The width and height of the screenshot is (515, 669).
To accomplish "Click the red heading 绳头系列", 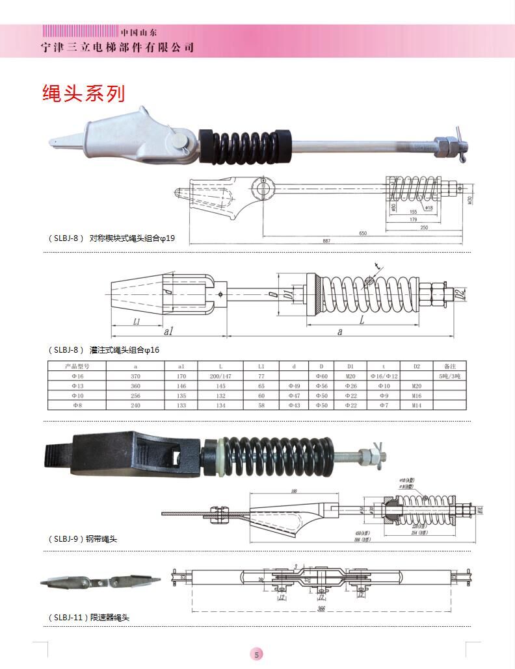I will (83, 94).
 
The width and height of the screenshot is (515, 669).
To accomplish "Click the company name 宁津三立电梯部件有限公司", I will (117, 47).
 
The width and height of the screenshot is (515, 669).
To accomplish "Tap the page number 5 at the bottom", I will (257, 654).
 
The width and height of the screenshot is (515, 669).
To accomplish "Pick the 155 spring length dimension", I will (413, 212).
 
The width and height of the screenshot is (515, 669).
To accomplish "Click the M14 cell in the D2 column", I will (417, 405).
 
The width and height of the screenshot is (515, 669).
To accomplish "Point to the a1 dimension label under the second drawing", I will (168, 331).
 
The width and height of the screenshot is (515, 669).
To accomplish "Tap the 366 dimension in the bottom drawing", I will (323, 608).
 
